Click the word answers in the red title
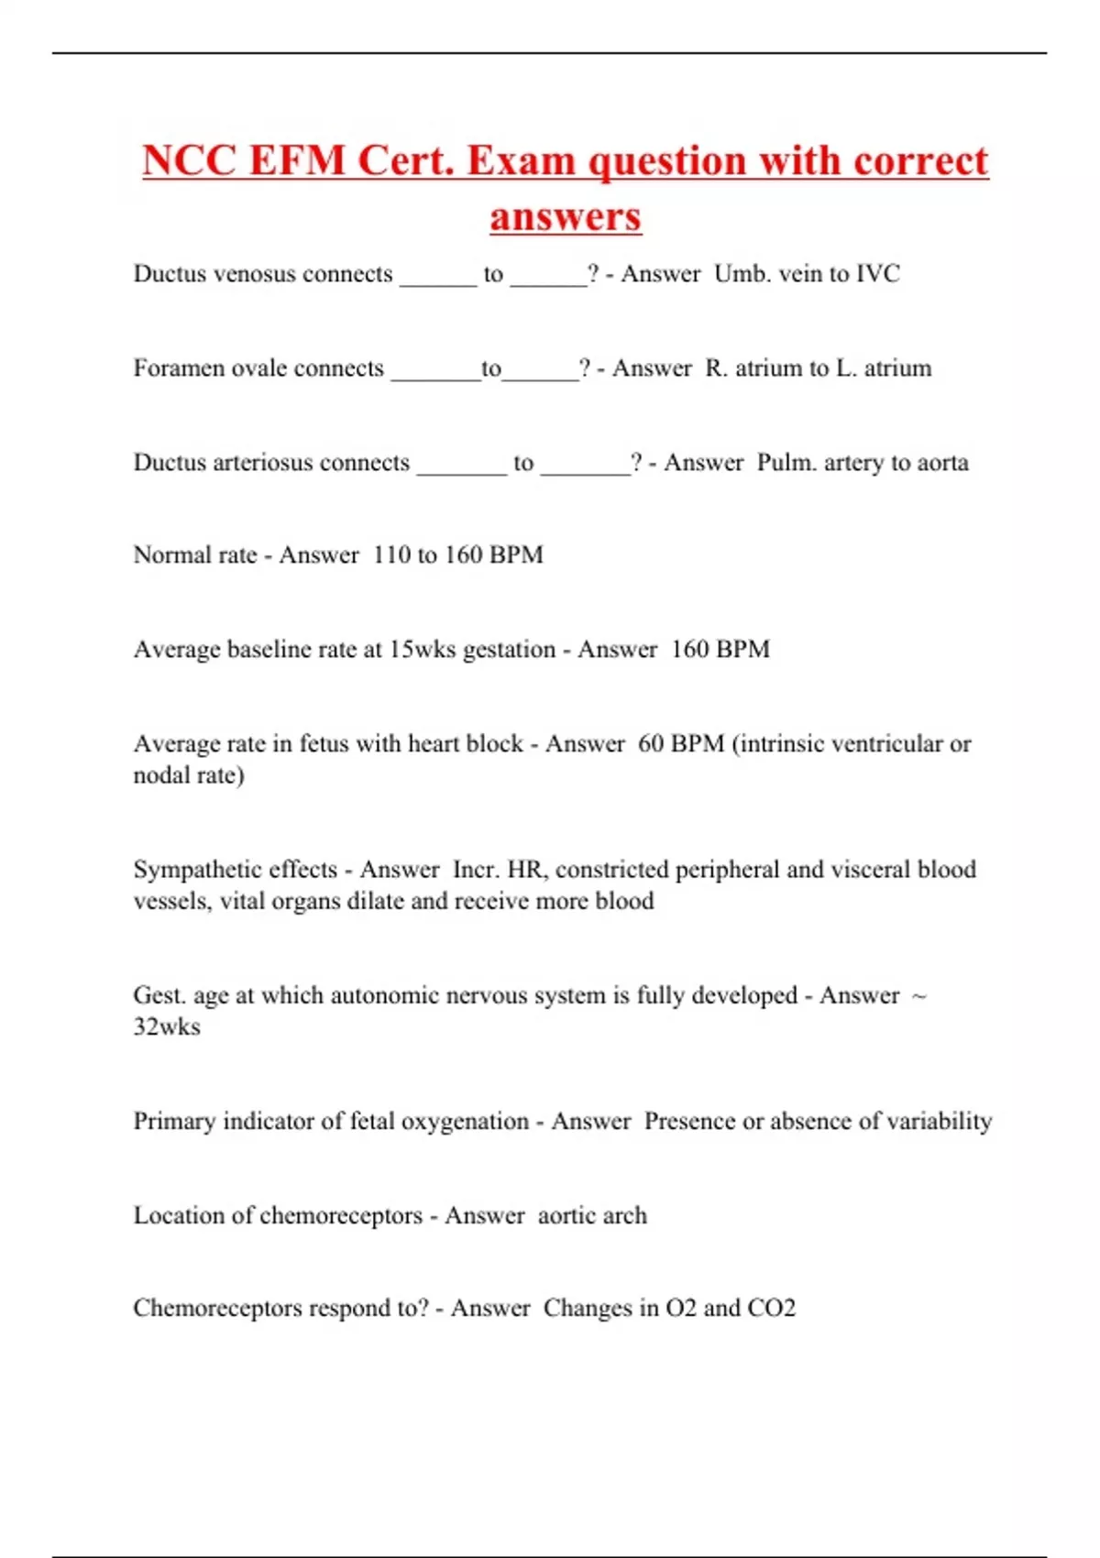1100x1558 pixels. coord(565,217)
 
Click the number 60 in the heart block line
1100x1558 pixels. coord(651,743)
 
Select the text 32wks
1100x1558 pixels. coord(167,1026)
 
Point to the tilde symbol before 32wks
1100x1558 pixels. coord(919,995)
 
